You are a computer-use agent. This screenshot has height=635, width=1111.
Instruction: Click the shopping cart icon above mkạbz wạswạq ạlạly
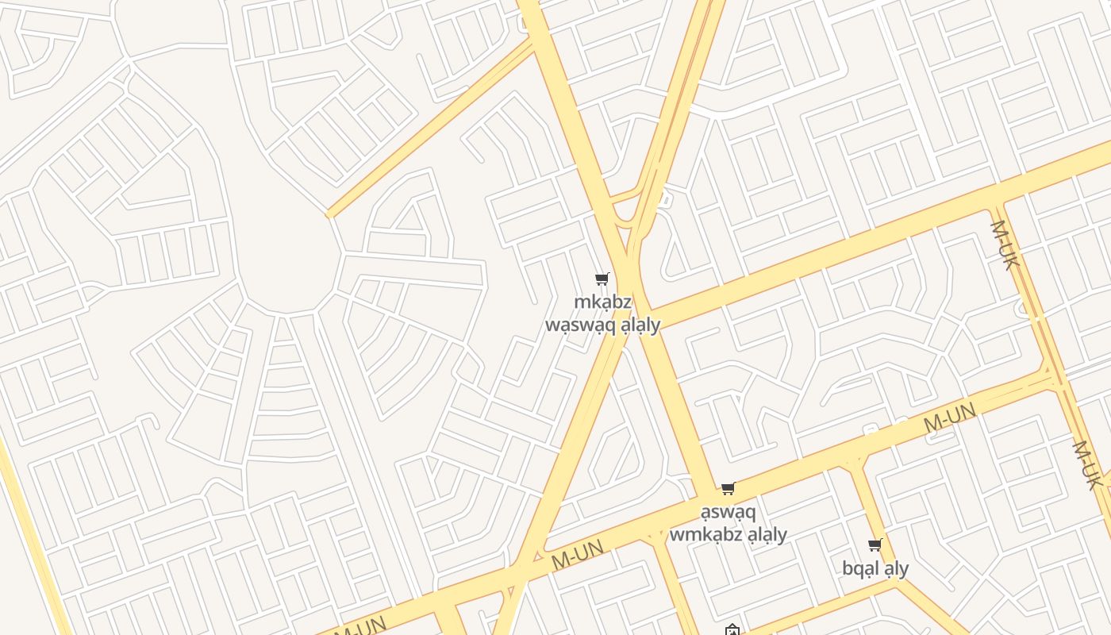[602, 279]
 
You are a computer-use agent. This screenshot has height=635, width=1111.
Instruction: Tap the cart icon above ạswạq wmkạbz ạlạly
[728, 488]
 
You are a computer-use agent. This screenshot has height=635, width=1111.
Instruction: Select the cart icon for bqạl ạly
[875, 545]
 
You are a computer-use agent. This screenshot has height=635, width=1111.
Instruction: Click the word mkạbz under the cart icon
[603, 302]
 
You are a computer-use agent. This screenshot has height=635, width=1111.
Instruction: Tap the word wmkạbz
[706, 534]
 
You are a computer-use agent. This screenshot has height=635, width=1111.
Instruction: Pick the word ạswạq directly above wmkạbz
[728, 511]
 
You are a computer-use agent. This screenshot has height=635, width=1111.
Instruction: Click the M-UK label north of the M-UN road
[1003, 244]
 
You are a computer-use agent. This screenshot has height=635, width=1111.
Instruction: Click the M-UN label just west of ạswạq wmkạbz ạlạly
[578, 553]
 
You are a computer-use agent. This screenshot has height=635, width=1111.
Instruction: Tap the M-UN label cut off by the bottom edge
[361, 625]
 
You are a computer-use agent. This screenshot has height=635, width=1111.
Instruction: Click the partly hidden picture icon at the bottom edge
[732, 630]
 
